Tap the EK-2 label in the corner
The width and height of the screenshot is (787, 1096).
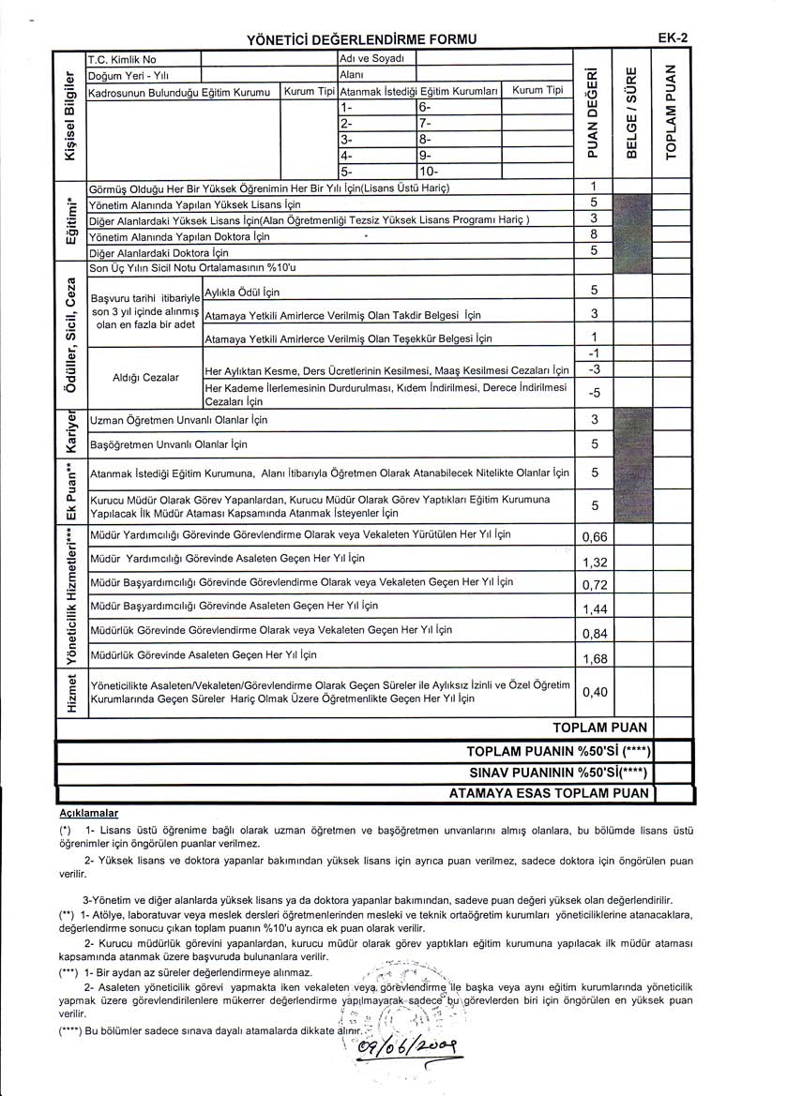click(x=673, y=38)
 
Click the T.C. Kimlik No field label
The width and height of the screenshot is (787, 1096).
click(x=122, y=59)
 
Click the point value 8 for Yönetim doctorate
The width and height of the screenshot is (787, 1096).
click(x=594, y=234)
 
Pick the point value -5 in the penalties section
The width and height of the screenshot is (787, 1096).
click(x=594, y=392)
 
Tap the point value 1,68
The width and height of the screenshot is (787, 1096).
click(x=595, y=658)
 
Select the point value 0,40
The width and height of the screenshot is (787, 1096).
click(x=595, y=692)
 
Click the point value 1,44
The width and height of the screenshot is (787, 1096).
click(x=595, y=609)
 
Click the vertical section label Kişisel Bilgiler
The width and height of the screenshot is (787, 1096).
click(x=68, y=113)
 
